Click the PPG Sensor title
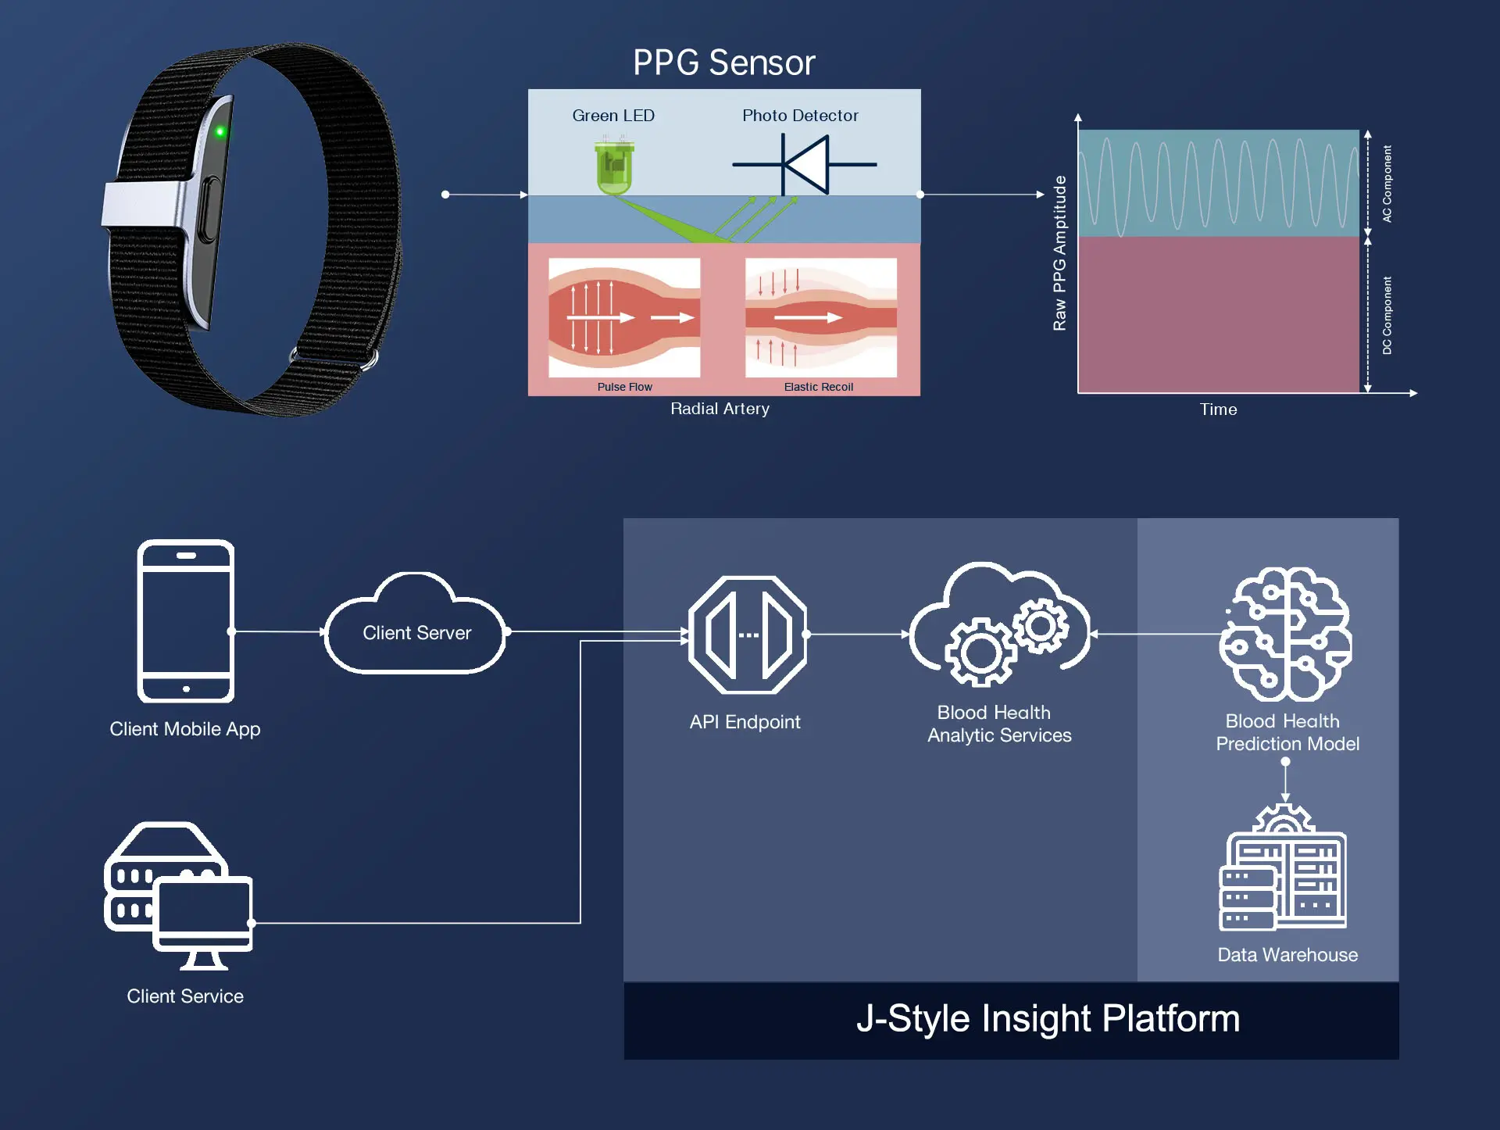pyautogui.click(x=723, y=63)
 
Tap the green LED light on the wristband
pyautogui.click(x=220, y=131)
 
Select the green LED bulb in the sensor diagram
pyautogui.click(x=614, y=167)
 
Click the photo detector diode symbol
pyautogui.click(x=805, y=164)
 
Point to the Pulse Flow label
pyautogui.click(x=624, y=387)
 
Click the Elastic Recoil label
pyautogui.click(x=818, y=387)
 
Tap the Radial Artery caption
pyautogui.click(x=720, y=409)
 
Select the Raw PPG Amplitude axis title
pyautogui.click(x=1059, y=253)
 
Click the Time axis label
pyautogui.click(x=1218, y=409)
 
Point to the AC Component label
pyautogui.click(x=1387, y=184)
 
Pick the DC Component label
pyautogui.click(x=1387, y=316)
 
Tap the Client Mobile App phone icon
pyautogui.click(x=186, y=621)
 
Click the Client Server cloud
pyautogui.click(x=416, y=629)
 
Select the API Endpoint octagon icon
pyautogui.click(x=748, y=635)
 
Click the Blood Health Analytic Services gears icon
pyautogui.click(x=999, y=629)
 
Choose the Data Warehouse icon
pyautogui.click(x=1284, y=871)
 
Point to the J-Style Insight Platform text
pyautogui.click(x=1048, y=1019)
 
